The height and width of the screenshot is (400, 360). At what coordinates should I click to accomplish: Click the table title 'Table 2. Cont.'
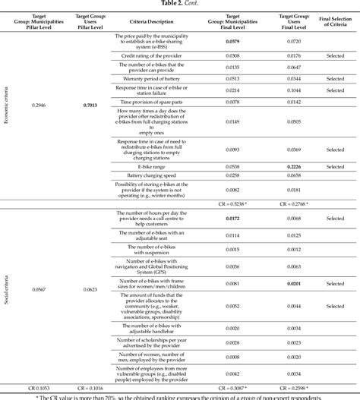pyautogui.click(x=179, y=4)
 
